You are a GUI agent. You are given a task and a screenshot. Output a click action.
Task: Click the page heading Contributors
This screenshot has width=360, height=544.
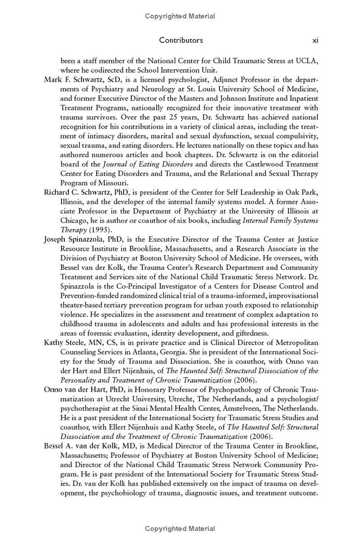181,40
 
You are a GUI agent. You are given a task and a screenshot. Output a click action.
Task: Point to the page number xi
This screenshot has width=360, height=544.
315,40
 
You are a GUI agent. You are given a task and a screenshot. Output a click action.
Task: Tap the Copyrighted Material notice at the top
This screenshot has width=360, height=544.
180,16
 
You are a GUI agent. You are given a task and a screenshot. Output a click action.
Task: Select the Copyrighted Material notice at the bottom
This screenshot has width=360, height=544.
180,529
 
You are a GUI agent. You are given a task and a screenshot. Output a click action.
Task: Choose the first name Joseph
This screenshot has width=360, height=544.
55,239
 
